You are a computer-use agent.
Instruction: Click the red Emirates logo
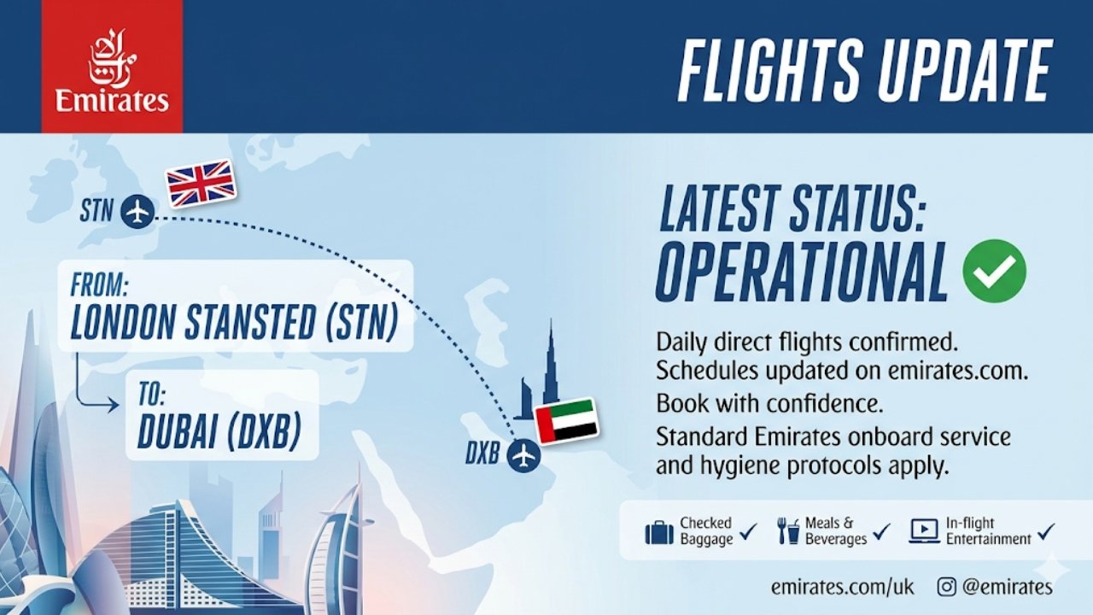(x=112, y=67)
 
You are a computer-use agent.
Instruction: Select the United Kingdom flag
(x=201, y=183)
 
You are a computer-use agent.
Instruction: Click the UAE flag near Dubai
(x=565, y=420)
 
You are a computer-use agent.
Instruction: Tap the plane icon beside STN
(x=137, y=210)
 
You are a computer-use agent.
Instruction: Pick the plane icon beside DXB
(x=523, y=454)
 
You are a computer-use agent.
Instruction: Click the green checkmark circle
(x=994, y=271)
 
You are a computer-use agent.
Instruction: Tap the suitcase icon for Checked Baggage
(x=658, y=533)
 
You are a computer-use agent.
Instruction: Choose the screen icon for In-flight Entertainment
(x=924, y=531)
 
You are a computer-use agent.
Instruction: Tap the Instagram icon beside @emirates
(x=946, y=587)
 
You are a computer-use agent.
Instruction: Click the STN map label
(x=96, y=211)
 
